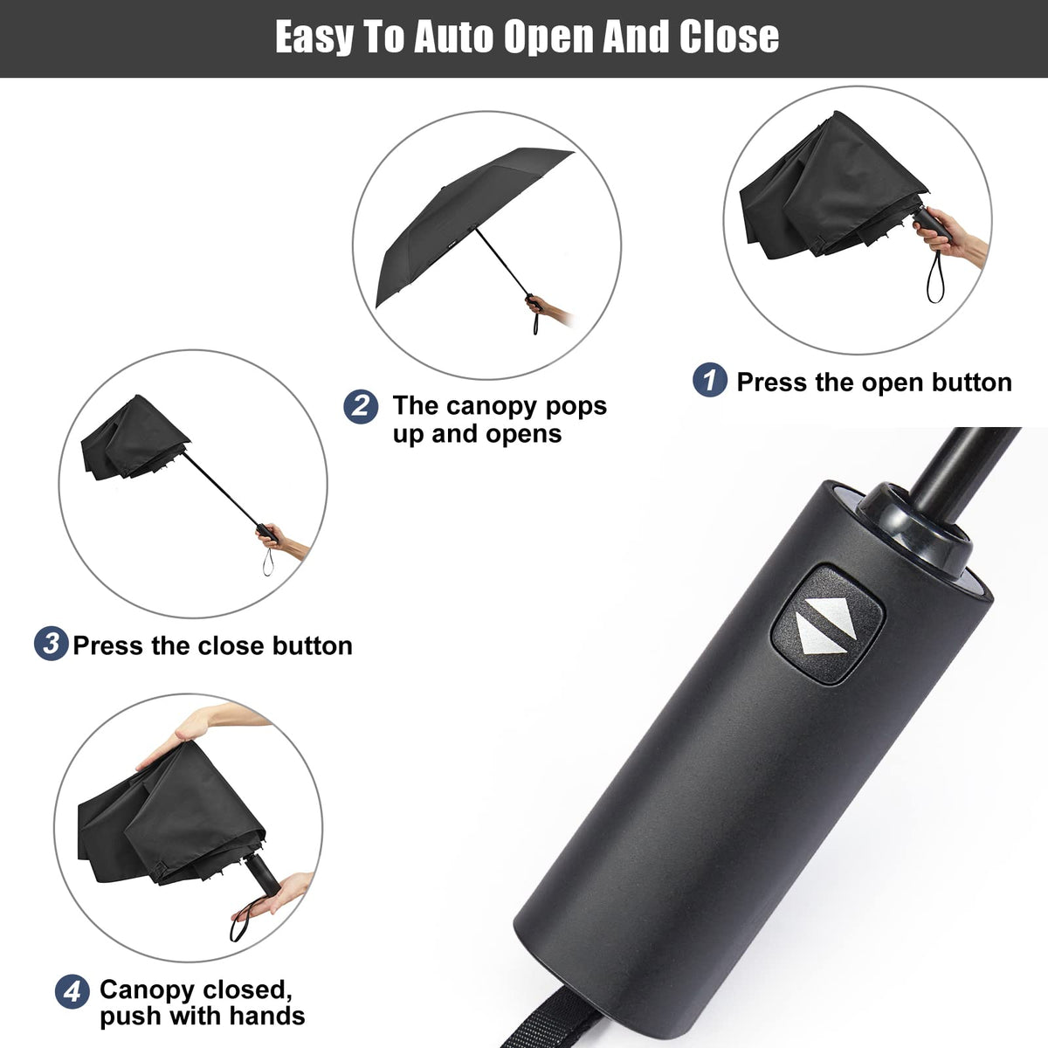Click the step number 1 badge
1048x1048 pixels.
click(x=710, y=381)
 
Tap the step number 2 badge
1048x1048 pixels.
click(x=361, y=407)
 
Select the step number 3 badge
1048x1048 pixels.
click(x=52, y=645)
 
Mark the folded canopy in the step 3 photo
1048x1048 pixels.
click(x=131, y=441)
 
